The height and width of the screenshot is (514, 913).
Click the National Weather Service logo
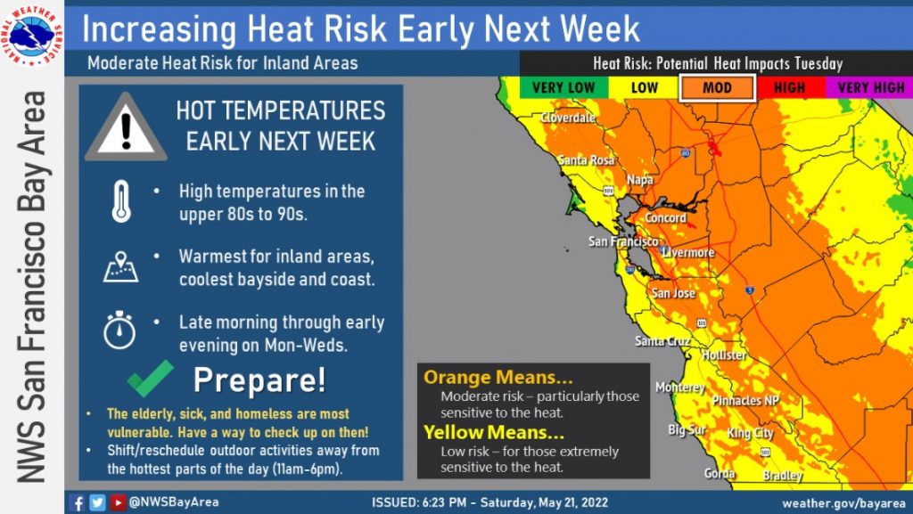(32, 35)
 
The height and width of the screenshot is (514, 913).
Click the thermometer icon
(121, 201)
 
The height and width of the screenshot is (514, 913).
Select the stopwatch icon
(119, 330)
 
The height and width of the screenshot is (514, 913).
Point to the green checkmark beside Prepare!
(150, 378)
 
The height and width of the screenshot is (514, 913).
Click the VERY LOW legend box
(563, 88)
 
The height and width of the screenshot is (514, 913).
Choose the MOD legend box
(717, 88)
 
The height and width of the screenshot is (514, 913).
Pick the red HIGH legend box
(790, 88)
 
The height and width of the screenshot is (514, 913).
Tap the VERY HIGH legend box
(870, 88)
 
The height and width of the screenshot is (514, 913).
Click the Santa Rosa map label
(586, 159)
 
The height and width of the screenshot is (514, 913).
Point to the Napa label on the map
(640, 180)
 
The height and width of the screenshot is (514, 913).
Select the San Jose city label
(673, 293)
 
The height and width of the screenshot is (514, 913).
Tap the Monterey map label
(680, 388)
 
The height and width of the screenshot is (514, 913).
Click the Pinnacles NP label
(745, 400)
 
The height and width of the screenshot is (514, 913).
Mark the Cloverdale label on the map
(568, 118)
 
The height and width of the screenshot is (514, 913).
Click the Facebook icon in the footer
(77, 502)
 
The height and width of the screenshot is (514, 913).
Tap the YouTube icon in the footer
(118, 502)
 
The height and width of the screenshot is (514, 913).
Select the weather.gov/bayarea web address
(843, 503)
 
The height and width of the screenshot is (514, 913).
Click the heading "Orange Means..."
(498, 378)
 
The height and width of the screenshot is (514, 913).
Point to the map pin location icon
(120, 267)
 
